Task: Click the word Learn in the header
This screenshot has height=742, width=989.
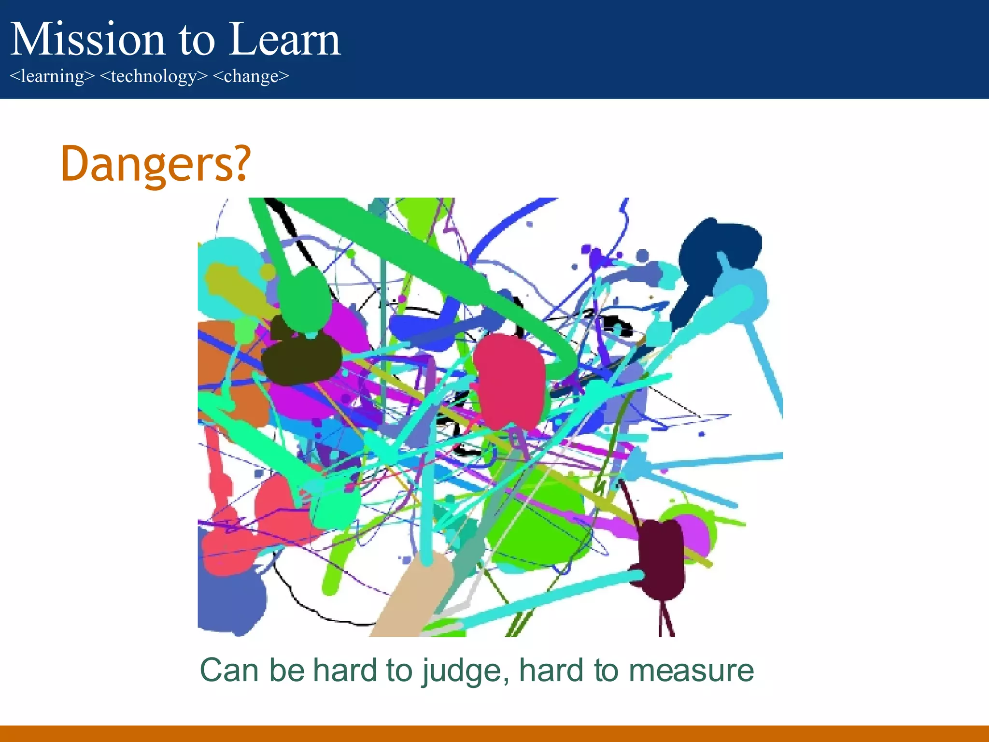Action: [x=285, y=40]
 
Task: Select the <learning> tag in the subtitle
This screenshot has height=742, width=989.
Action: [x=52, y=76]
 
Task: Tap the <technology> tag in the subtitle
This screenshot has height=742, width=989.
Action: [x=154, y=76]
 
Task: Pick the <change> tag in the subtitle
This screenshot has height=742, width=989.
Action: [x=251, y=76]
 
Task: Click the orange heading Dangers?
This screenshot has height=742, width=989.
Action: [x=155, y=164]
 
